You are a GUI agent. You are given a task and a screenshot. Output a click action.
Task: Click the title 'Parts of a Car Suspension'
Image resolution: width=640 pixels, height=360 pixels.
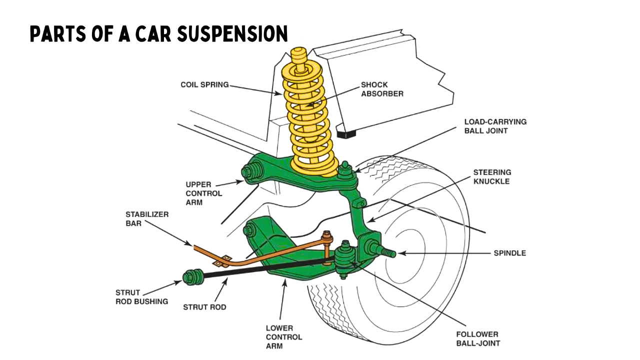(158, 33)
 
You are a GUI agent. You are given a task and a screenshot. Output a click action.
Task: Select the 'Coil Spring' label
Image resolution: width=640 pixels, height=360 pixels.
(204, 85)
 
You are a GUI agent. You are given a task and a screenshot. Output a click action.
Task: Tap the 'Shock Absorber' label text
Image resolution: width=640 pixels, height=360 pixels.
(382, 89)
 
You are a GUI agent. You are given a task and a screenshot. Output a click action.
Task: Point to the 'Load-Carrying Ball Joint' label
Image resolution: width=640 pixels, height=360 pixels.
(495, 126)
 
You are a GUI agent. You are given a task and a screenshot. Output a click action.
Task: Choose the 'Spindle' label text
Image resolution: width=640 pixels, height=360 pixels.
(509, 253)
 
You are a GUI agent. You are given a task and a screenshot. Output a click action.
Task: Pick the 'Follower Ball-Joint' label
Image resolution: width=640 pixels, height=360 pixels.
(477, 338)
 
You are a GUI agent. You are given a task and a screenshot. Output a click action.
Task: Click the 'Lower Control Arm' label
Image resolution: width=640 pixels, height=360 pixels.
(283, 336)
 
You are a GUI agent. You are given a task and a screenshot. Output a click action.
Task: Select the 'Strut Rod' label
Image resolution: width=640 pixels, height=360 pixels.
(204, 307)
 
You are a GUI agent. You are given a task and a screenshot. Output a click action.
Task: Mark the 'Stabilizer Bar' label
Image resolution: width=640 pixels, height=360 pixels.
(140, 219)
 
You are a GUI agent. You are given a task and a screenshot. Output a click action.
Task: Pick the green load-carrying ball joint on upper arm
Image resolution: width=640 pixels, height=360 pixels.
(345, 170)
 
